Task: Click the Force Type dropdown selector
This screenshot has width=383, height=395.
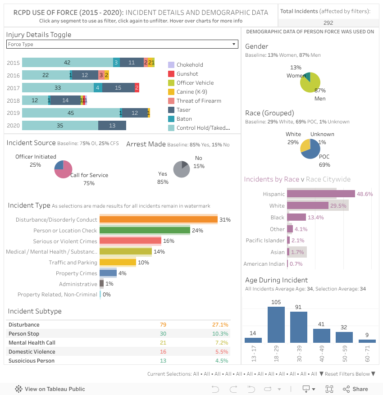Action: tap(122, 44)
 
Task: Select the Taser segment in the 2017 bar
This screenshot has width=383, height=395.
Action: tap(118, 88)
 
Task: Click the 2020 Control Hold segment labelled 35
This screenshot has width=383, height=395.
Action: tap(60, 126)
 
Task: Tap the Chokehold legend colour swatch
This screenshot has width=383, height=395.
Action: tap(171, 65)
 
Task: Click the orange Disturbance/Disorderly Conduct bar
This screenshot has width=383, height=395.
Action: tap(159, 220)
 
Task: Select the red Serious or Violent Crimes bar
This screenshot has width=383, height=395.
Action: tap(130, 241)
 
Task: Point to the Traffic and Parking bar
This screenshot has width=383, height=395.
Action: tap(118, 263)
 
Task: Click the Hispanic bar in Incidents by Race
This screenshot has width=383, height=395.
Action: tap(321, 194)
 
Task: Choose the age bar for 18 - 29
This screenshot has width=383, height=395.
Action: tap(276, 325)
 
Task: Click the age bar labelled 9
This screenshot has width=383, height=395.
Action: tap(367, 341)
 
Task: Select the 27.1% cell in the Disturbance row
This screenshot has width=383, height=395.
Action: tap(220, 325)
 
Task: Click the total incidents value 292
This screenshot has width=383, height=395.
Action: tap(328, 23)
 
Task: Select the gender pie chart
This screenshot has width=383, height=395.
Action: tap(310, 82)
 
